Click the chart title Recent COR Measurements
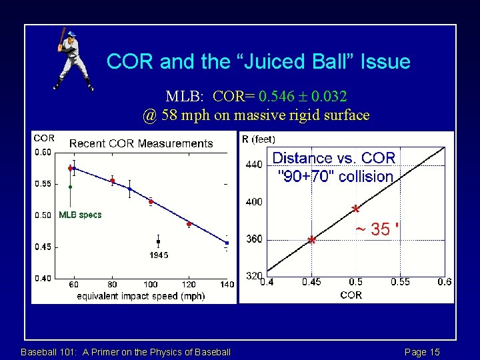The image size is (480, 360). coord(141,143)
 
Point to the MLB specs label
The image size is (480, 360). coord(80,215)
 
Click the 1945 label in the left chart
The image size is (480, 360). coord(159,255)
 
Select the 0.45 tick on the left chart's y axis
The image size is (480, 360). coord(43,247)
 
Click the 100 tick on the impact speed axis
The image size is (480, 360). coord(151,285)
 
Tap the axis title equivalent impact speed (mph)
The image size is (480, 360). coord(141,295)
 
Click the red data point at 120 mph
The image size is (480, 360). coord(189,224)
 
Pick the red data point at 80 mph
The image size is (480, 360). coord(113,181)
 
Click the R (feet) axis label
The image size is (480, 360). coord(258,139)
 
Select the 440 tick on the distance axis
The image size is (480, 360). coord(254,164)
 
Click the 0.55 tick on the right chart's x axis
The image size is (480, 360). coord(400,282)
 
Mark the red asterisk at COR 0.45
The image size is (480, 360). coord(311,239)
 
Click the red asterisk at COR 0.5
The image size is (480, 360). coord(356,209)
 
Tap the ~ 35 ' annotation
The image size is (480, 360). coord(377,230)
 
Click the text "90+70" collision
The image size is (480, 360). coord(335,177)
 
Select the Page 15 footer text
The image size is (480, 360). coord(422,352)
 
